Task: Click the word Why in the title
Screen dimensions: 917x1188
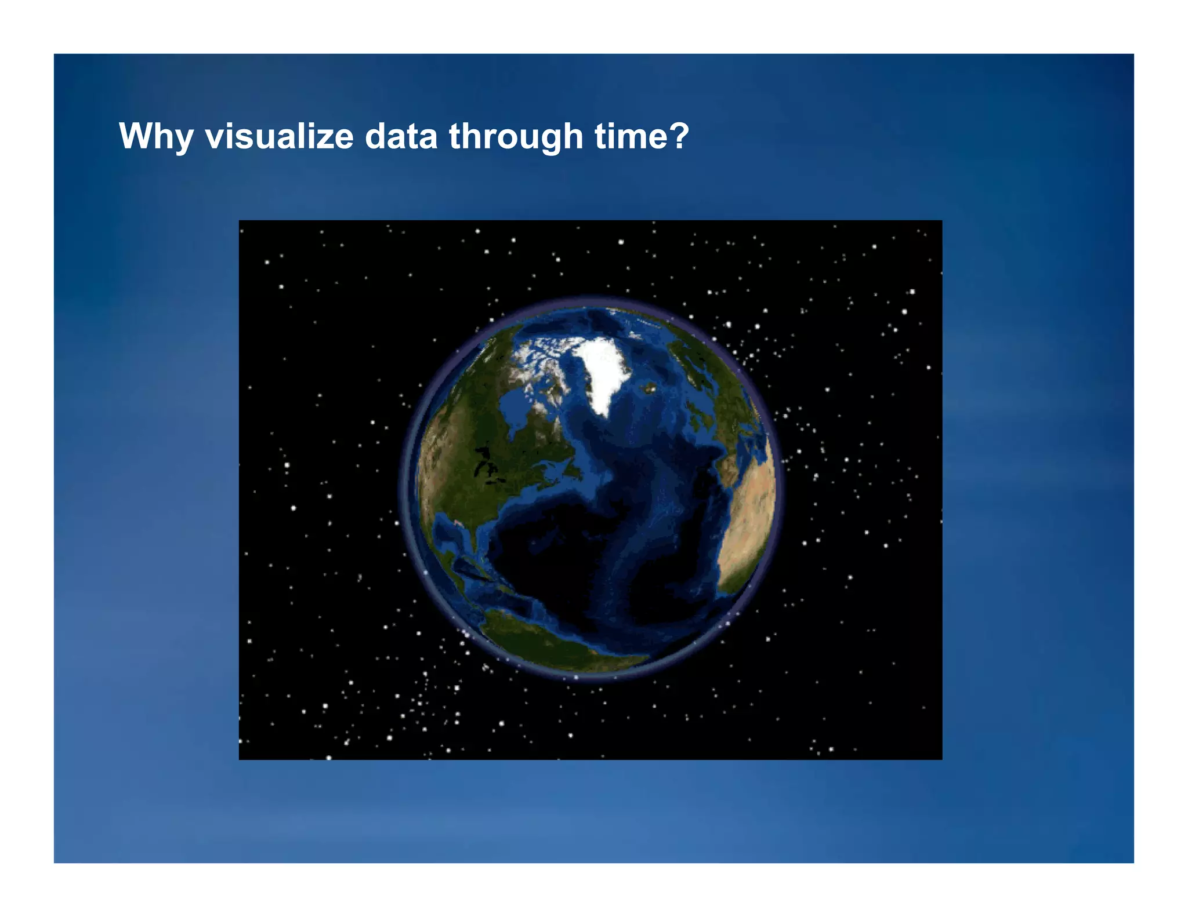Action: click(155, 137)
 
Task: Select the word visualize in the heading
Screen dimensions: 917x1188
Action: click(279, 137)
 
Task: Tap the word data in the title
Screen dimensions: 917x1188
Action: click(401, 137)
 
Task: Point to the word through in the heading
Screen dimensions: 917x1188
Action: click(516, 137)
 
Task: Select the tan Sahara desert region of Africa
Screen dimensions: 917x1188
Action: click(751, 510)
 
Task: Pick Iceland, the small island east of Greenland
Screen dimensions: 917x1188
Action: click(650, 388)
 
